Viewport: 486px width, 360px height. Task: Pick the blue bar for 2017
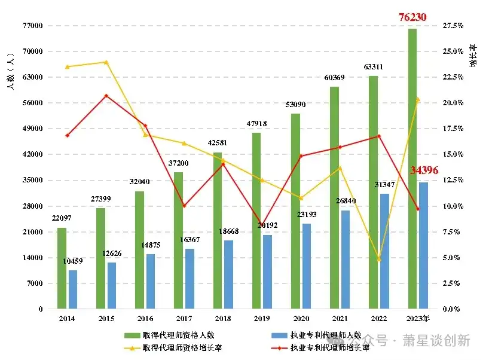[x=189, y=279]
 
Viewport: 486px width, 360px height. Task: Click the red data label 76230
[x=412, y=17]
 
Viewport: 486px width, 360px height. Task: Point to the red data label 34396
[x=424, y=170]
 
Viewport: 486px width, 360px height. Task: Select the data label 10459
[x=73, y=261]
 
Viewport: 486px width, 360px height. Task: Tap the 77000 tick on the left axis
[x=33, y=26]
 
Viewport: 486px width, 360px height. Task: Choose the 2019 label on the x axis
[x=262, y=318]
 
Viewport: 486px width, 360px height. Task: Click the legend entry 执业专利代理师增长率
[x=328, y=347]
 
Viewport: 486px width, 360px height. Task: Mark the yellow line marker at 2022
[x=378, y=259]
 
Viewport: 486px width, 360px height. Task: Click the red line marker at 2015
[x=106, y=96]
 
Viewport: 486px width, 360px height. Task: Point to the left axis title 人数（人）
[x=10, y=71]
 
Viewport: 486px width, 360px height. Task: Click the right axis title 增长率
[x=473, y=54]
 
